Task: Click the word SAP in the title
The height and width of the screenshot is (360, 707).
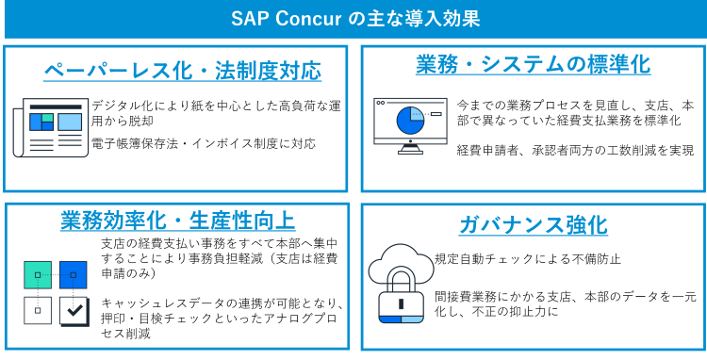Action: tap(248, 19)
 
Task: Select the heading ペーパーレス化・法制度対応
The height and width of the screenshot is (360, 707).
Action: tap(183, 71)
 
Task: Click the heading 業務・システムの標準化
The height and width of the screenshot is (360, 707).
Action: tap(533, 64)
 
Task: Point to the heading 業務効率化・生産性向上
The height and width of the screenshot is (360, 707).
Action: tap(178, 221)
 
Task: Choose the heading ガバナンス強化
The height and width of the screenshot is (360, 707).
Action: tap(533, 225)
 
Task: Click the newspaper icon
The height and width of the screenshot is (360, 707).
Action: tap(52, 128)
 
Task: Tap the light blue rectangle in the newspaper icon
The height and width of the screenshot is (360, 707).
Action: tap(70, 122)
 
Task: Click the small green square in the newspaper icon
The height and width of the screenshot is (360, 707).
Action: tap(47, 118)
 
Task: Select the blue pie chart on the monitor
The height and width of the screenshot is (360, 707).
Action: tap(409, 122)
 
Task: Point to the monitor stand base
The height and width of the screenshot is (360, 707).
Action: tap(410, 152)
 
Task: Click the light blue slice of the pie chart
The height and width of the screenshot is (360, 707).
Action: tap(417, 113)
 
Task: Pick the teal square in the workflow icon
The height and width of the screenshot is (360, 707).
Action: tap(38, 274)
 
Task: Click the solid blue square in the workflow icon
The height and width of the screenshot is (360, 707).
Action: tap(73, 274)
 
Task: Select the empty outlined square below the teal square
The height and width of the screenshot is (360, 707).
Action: tap(38, 310)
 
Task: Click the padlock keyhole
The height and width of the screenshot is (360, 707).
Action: tap(401, 303)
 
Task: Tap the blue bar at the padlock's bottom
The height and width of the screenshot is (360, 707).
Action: tap(389, 319)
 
